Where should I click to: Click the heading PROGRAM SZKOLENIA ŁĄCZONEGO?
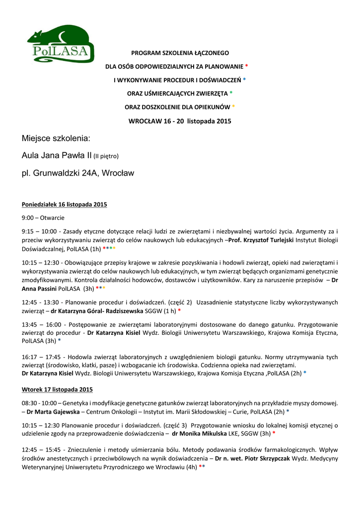coord(180,53)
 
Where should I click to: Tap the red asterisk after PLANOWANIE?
coord(247,66)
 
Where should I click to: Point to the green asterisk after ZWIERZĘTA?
coord(231,93)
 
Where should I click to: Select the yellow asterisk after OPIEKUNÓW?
coord(234,107)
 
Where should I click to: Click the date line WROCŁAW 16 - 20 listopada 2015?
coord(180,121)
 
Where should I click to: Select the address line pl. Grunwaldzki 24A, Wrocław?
coord(78,173)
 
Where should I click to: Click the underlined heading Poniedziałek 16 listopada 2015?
coord(65,204)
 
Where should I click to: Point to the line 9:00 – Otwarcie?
coord(43,218)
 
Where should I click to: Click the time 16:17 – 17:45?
coord(43,357)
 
